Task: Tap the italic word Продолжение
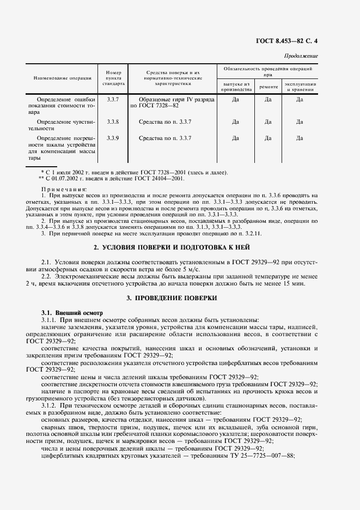pos(301,57)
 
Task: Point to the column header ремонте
pos(268,87)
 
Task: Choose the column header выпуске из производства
pos(236,87)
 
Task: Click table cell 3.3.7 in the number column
pos(113,100)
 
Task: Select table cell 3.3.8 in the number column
pos(113,122)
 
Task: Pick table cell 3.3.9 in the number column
pos(113,138)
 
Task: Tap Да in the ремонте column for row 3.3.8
pos(268,122)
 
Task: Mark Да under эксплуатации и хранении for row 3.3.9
pos(300,138)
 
